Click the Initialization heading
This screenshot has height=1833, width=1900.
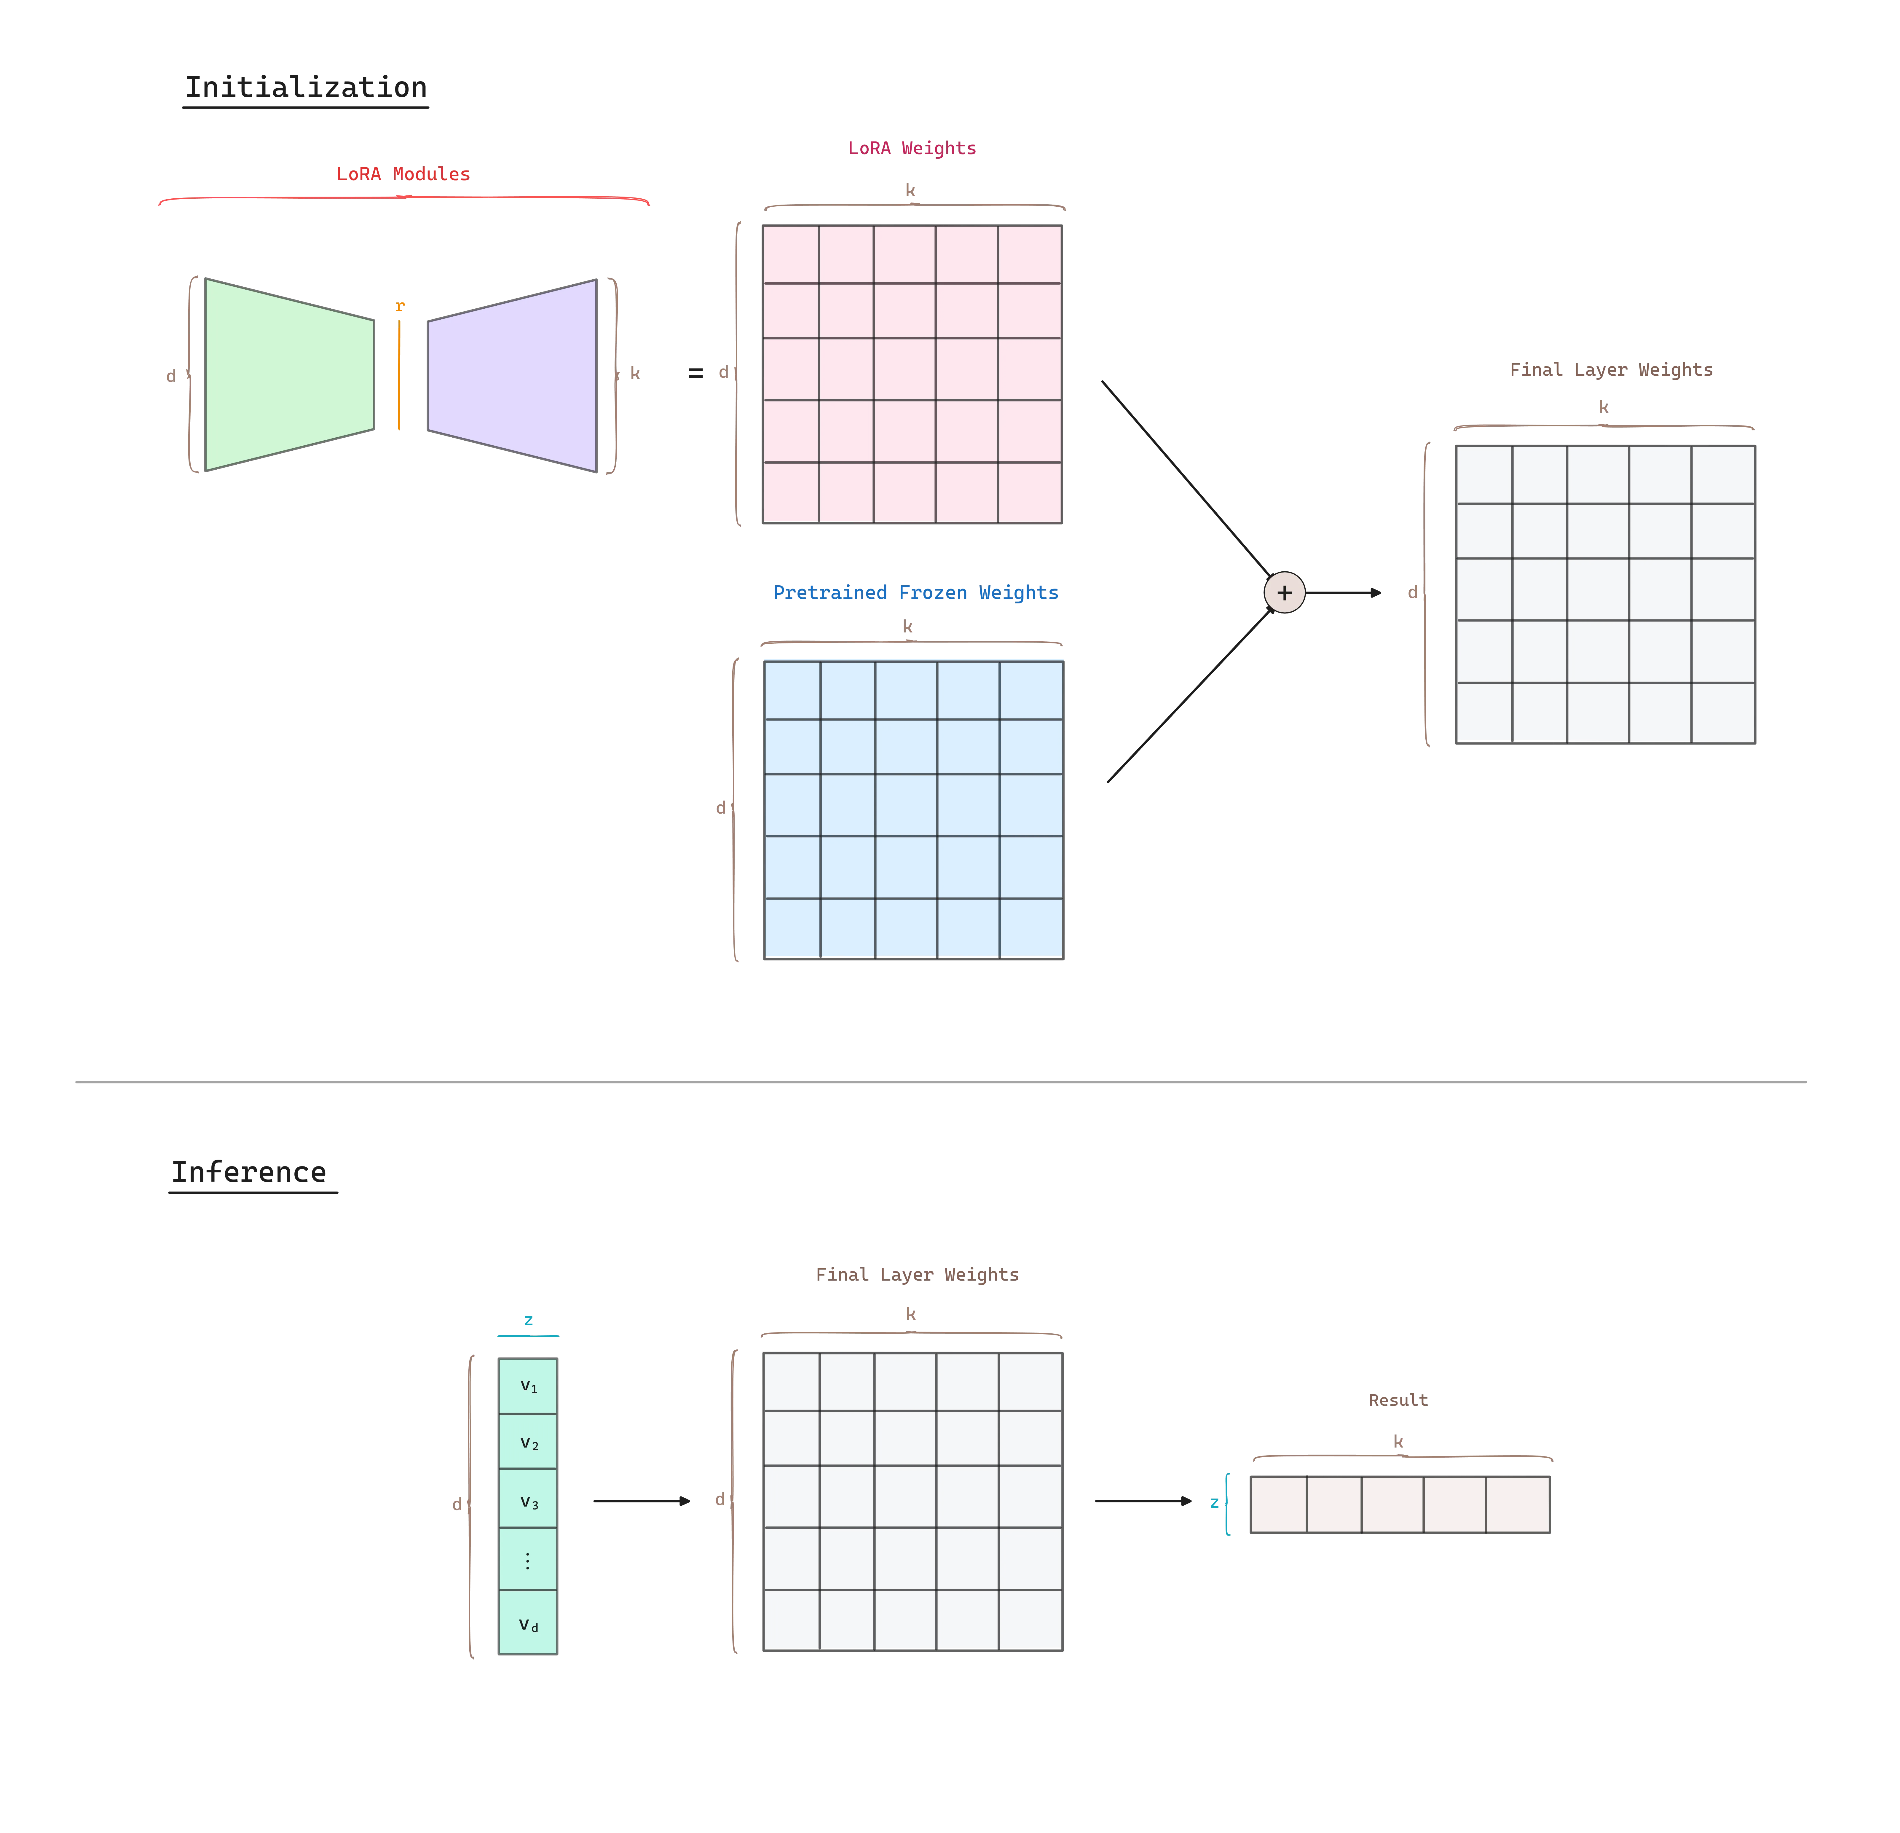(x=305, y=87)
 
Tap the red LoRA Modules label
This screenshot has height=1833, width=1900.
(x=402, y=173)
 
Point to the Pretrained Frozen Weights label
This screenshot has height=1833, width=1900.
(x=915, y=592)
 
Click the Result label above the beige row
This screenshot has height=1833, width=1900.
(x=1398, y=1400)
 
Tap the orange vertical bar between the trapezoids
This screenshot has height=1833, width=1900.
(x=398, y=373)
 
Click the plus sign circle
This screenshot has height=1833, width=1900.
(x=1285, y=592)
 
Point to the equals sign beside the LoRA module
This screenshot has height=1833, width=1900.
(x=695, y=373)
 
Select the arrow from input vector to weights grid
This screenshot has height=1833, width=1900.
(x=642, y=1501)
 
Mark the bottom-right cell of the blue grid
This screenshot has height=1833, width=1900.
(x=1031, y=928)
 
